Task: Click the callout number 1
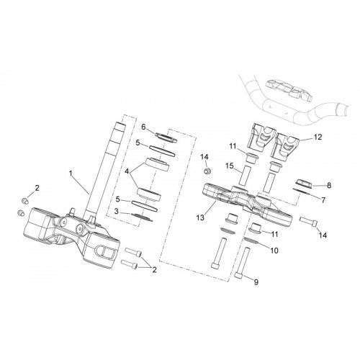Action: point(71,173)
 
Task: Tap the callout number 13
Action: point(200,217)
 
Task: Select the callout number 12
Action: point(318,137)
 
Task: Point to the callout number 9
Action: point(256,282)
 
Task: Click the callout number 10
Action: point(274,251)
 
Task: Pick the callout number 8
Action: point(329,185)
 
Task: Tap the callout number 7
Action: point(323,200)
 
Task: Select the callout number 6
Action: point(143,127)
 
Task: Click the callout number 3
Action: point(117,212)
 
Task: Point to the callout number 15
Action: point(230,166)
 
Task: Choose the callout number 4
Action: point(127,171)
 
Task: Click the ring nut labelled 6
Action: point(166,138)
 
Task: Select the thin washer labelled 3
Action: point(142,217)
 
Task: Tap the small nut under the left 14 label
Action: point(207,171)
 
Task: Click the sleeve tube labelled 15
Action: point(245,175)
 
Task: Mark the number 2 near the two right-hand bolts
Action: point(154,270)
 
